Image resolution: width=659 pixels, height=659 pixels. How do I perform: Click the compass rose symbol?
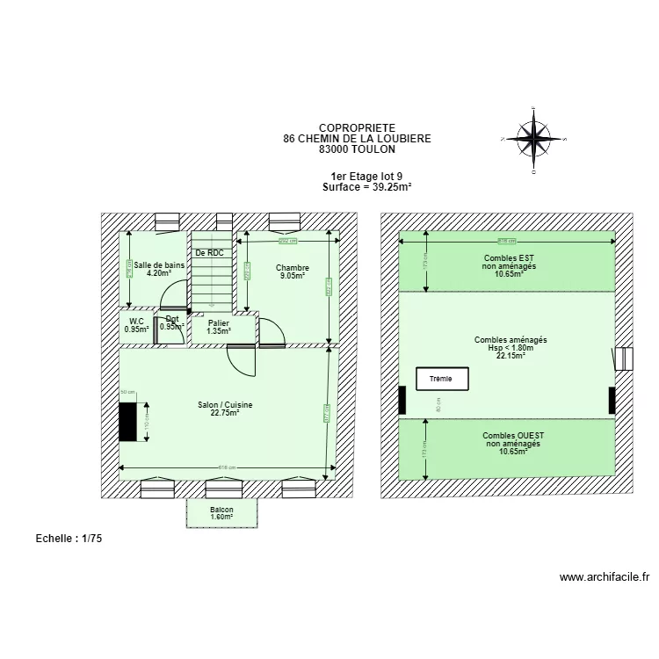(532, 138)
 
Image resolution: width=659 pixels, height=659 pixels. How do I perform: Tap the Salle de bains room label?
(159, 264)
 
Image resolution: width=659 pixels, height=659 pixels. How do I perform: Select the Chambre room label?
(292, 268)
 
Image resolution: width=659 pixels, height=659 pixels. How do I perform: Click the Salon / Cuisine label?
(225, 405)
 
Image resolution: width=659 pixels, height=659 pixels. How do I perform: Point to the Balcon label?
(221, 510)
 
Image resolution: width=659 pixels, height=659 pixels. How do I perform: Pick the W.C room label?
(135, 322)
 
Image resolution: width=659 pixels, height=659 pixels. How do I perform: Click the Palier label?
(218, 323)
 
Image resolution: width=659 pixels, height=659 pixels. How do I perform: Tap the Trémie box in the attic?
(442, 380)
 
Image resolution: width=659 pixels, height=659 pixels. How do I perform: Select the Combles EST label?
(509, 258)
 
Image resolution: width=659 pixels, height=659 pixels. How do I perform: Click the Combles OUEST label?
(512, 436)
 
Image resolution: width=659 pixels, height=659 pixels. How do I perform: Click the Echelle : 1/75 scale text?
(69, 539)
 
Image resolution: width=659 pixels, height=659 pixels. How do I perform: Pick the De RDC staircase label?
(209, 253)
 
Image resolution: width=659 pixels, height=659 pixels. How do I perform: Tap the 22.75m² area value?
(225, 413)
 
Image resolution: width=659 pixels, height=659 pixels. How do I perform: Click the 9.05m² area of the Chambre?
(292, 276)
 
